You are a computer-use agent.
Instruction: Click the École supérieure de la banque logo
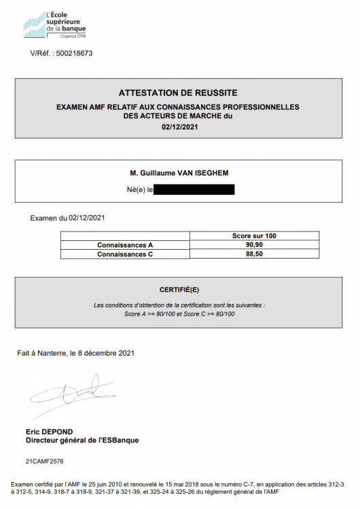[x=54, y=25]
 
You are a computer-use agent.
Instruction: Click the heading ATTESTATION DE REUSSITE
[x=178, y=93]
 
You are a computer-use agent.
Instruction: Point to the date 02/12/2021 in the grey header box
[x=178, y=126]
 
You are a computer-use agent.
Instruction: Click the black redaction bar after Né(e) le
[x=194, y=189]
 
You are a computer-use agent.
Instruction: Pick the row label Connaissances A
[x=125, y=244]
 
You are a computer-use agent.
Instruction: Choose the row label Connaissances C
[x=125, y=254]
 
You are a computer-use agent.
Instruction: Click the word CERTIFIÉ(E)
[x=179, y=289]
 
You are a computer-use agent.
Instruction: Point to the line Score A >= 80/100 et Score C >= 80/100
[x=179, y=314]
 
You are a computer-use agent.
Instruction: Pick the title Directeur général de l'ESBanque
[x=82, y=440]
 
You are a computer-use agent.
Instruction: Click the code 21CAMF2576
[x=45, y=461]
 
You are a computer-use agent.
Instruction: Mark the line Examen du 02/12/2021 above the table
[x=68, y=218]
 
